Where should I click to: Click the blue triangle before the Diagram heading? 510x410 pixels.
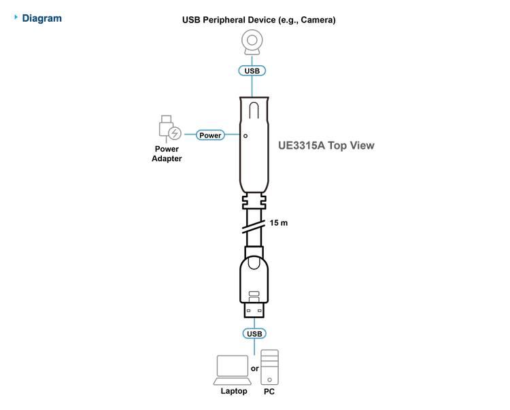click(16, 18)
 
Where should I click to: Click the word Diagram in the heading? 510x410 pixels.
click(42, 18)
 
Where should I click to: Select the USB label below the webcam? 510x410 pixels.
click(253, 70)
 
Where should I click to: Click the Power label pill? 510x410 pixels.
click(210, 135)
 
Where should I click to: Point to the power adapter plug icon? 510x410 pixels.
click(164, 129)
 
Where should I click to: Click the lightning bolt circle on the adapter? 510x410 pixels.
click(175, 135)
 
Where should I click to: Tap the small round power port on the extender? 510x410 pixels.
click(245, 135)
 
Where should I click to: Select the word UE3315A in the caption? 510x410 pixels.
click(301, 146)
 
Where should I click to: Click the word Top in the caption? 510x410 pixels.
click(338, 146)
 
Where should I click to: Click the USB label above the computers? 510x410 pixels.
click(254, 334)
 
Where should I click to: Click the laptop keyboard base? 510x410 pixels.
click(232, 382)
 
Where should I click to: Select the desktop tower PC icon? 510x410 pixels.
click(269, 367)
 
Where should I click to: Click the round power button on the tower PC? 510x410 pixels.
click(270, 377)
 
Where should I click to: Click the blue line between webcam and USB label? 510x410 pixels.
click(253, 60)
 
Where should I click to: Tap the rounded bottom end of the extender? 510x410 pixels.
click(253, 189)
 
